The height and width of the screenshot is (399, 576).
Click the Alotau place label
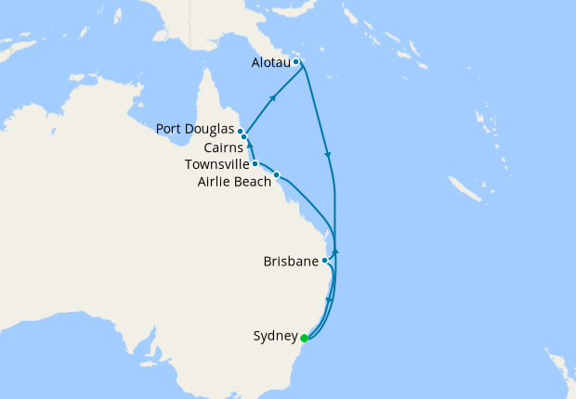pos(270,63)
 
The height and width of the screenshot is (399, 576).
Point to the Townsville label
pos(216,164)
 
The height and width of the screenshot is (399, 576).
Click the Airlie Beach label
pos(233,181)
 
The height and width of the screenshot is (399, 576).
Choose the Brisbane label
pos(290,262)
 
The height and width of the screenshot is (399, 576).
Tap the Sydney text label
pos(275,337)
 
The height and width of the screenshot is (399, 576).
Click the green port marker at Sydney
pos(304,338)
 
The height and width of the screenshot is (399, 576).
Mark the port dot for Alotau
pos(295,62)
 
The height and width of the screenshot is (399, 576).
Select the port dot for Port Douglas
pos(241,131)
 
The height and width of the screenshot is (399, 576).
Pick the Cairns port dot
pos(243,137)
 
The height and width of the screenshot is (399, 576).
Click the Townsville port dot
pos(255,163)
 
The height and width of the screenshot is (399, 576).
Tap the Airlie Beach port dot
pos(276,174)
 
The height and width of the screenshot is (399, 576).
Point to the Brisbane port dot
pos(324,261)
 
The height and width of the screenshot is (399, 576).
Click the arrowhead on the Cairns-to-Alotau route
pos(273,97)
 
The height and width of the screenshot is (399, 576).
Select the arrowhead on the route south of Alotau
pos(328,154)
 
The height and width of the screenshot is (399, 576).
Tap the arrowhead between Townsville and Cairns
pos(250,146)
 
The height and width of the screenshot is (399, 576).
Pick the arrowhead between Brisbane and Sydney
pos(330,301)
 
